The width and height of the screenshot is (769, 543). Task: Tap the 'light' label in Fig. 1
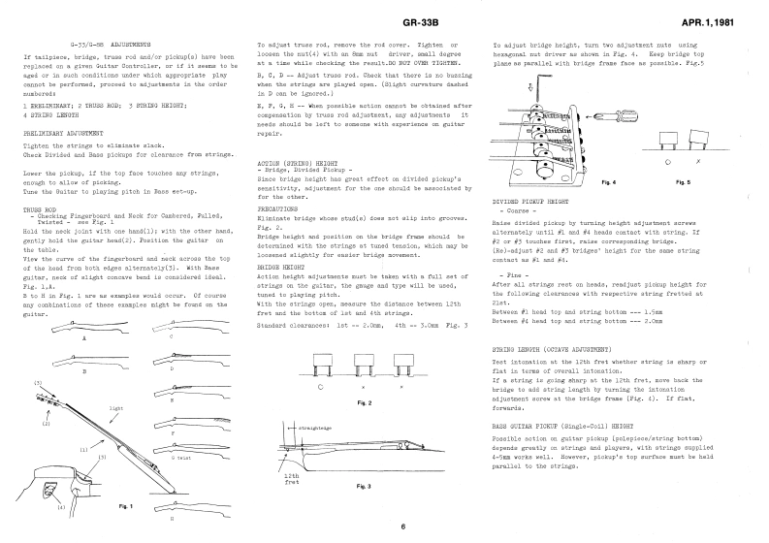tap(117, 408)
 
